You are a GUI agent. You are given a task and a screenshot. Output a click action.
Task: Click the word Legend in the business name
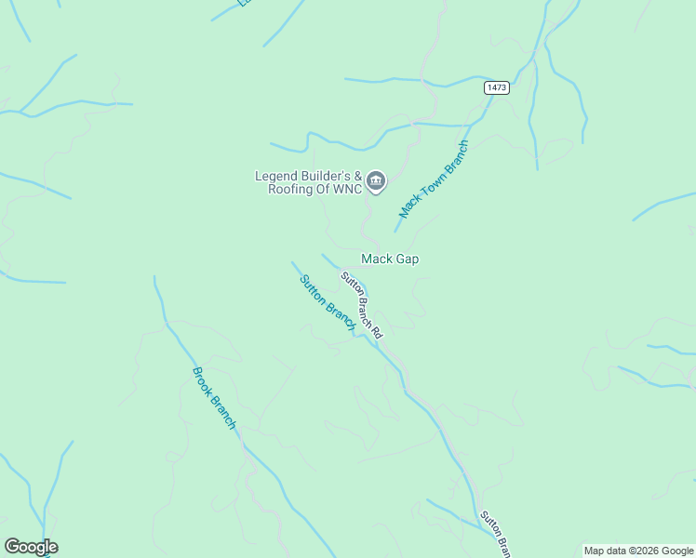tap(276, 176)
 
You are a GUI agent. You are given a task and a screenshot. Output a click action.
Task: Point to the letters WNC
tap(345, 189)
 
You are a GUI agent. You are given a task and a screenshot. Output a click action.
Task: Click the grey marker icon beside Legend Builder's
tap(376, 181)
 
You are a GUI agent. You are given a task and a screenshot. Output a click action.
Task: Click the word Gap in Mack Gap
tap(408, 259)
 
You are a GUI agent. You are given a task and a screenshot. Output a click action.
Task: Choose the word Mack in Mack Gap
tap(377, 259)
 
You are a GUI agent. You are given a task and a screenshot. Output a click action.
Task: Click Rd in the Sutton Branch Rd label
tap(377, 329)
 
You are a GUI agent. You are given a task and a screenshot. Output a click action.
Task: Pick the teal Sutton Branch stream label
tap(328, 301)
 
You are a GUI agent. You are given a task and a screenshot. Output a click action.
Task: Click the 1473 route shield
tap(497, 87)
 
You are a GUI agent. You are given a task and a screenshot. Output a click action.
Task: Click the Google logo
tap(31, 547)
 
